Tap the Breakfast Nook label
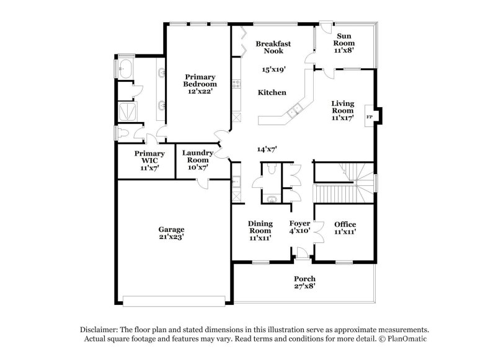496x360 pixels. coord(273,48)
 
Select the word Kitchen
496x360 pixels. coord(272,92)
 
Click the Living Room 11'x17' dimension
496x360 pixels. coord(342,118)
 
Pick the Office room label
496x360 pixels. coord(345,224)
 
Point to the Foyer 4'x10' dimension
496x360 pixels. coord(299,231)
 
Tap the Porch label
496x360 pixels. coord(304,279)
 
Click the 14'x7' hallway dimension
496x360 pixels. coord(267,149)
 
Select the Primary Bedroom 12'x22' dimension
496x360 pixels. coord(200,91)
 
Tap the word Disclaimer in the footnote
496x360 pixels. coord(100,330)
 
